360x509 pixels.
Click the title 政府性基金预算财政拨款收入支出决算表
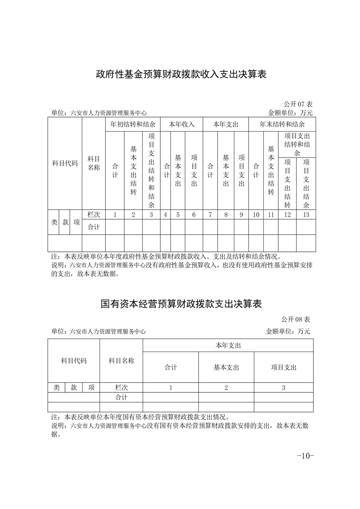[x=181, y=74]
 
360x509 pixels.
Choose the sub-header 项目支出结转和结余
[x=297, y=144]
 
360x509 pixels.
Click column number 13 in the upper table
[x=306, y=215]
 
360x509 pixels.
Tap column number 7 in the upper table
[x=210, y=215]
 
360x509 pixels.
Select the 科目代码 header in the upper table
[x=65, y=163]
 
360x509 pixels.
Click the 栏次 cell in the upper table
[x=94, y=215]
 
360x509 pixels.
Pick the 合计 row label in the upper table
[x=94, y=227]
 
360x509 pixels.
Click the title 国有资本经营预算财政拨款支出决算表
[x=181, y=303]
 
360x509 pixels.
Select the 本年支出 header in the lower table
[x=228, y=346]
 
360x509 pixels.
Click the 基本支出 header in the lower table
[x=226, y=367]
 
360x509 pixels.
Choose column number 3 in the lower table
[x=283, y=388]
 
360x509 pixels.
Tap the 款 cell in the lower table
[x=74, y=388]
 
